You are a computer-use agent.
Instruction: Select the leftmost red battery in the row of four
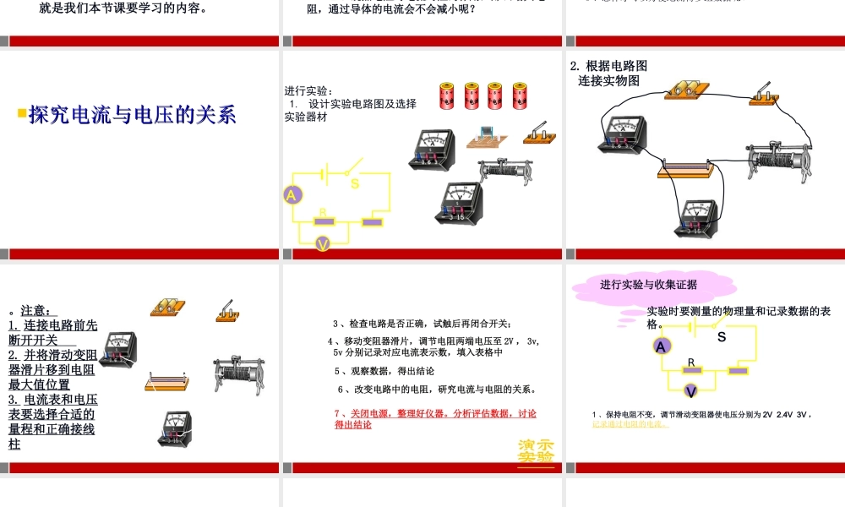coord(447,95)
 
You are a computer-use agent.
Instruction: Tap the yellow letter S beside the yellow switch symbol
coord(355,183)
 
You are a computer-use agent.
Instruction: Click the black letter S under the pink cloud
coord(722,337)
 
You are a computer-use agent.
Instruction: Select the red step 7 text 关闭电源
coord(435,414)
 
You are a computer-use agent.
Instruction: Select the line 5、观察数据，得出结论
coord(384,371)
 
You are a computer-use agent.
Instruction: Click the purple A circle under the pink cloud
coord(662,346)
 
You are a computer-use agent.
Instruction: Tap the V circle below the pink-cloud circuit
coord(691,391)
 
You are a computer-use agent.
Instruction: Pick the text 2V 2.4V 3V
coord(785,414)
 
